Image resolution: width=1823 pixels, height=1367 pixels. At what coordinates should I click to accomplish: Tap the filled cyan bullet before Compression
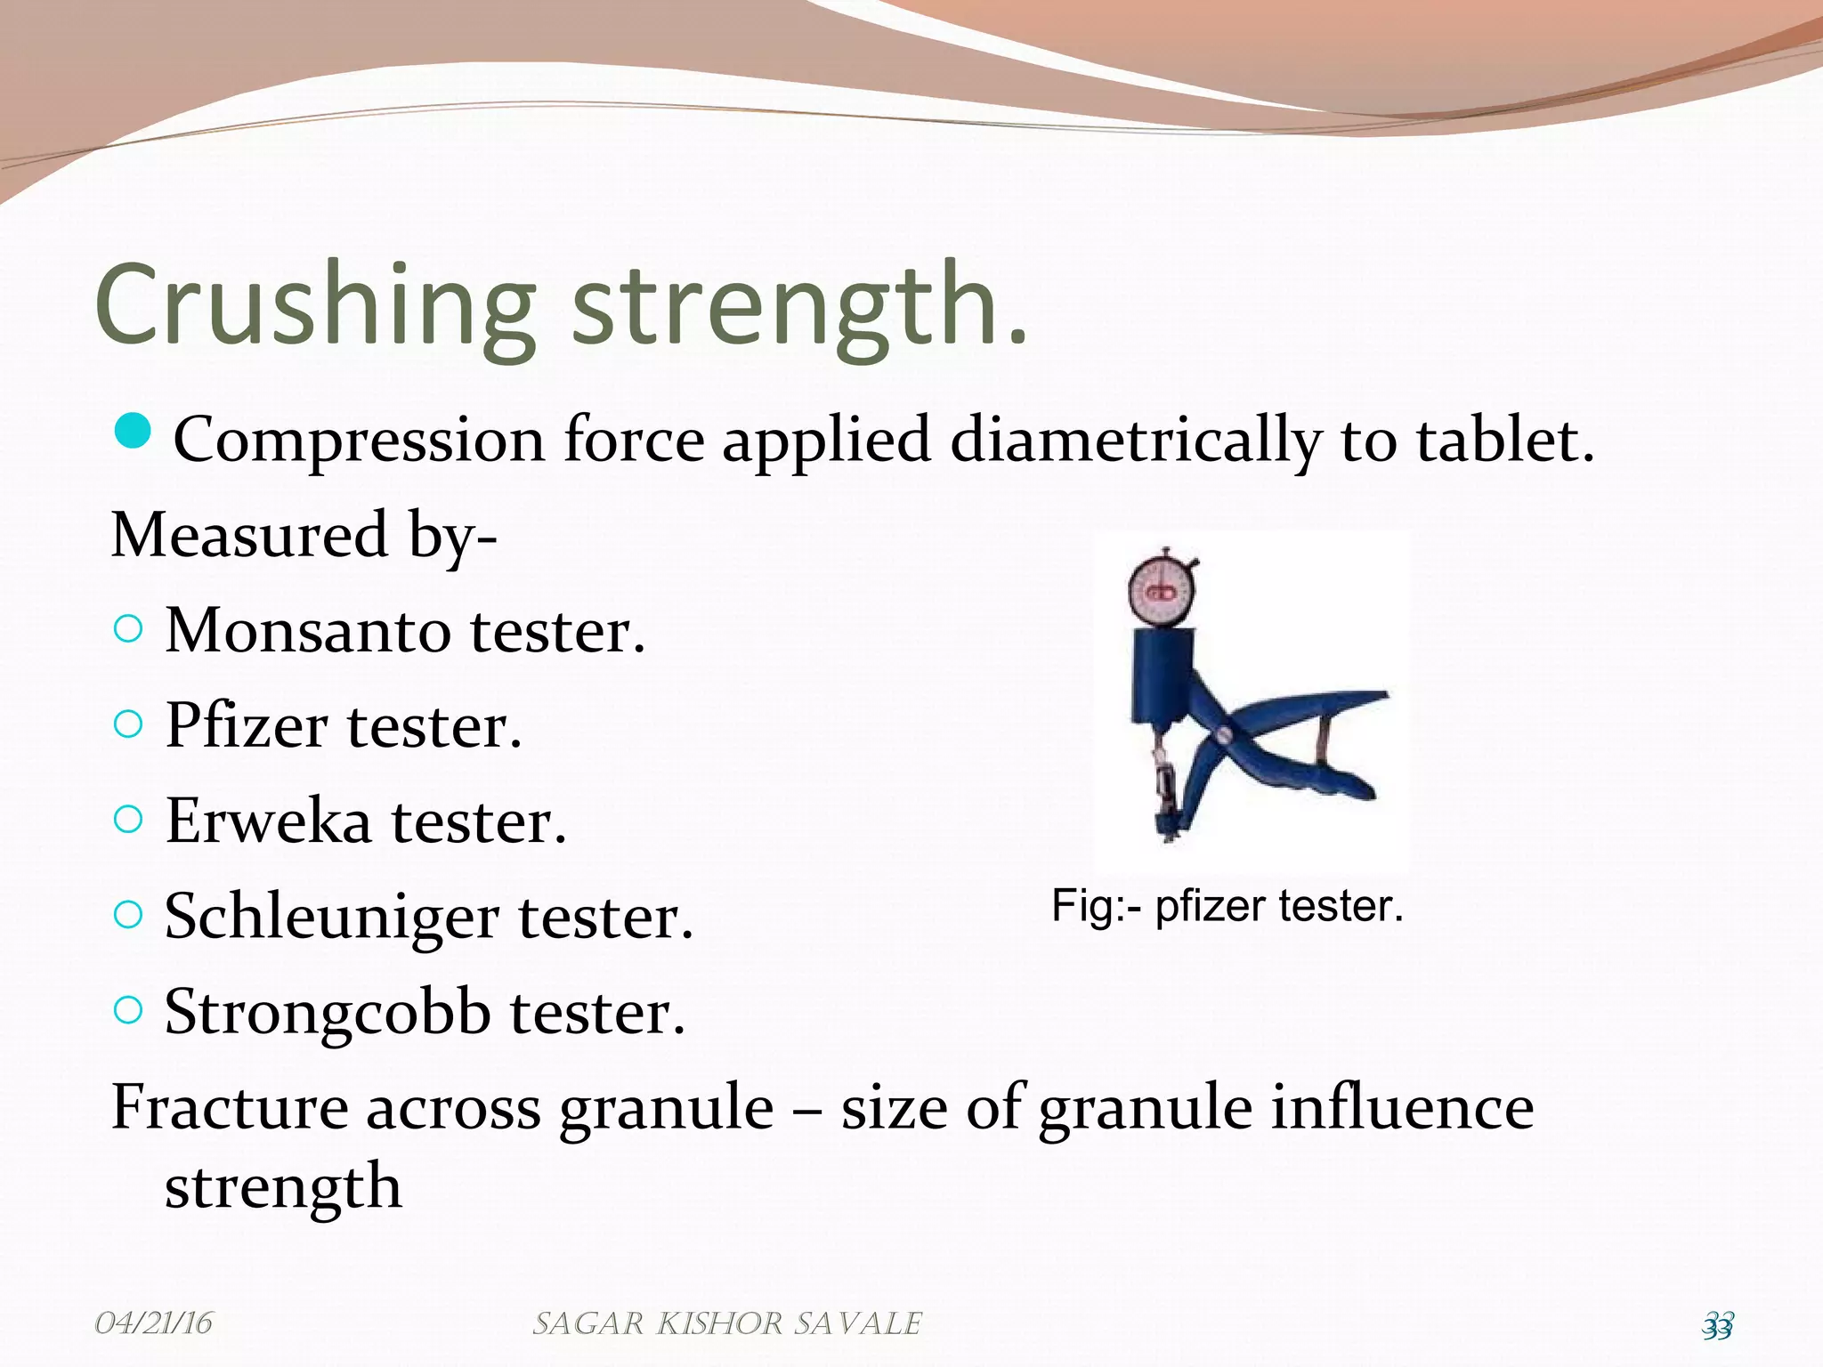pos(133,433)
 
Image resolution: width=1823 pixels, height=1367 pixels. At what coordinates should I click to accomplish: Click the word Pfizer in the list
pos(246,725)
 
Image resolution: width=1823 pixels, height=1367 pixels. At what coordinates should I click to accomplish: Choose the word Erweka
pos(268,821)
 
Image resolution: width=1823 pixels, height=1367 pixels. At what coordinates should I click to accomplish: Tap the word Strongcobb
pos(328,1013)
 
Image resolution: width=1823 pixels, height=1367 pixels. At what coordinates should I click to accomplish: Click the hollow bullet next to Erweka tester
pos(129,820)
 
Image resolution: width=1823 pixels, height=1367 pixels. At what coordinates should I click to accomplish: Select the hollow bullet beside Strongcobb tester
pos(129,1010)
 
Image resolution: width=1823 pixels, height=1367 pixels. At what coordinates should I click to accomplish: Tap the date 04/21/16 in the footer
pos(153,1323)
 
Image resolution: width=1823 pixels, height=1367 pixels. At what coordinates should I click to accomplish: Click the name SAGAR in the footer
pos(587,1324)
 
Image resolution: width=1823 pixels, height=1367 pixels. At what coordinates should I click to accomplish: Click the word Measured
pos(250,535)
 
